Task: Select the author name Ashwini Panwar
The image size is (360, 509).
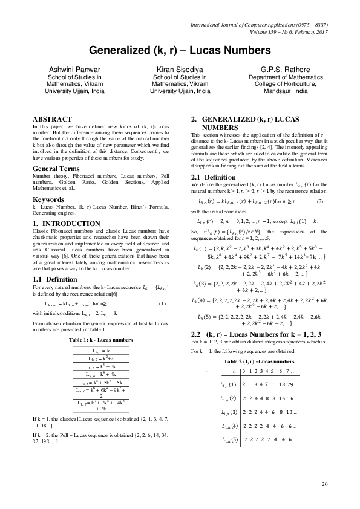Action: pyautogui.click(x=68, y=70)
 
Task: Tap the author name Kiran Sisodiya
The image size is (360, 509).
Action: pyautogui.click(x=180, y=70)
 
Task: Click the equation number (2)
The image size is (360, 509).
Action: pyautogui.click(x=321, y=200)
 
